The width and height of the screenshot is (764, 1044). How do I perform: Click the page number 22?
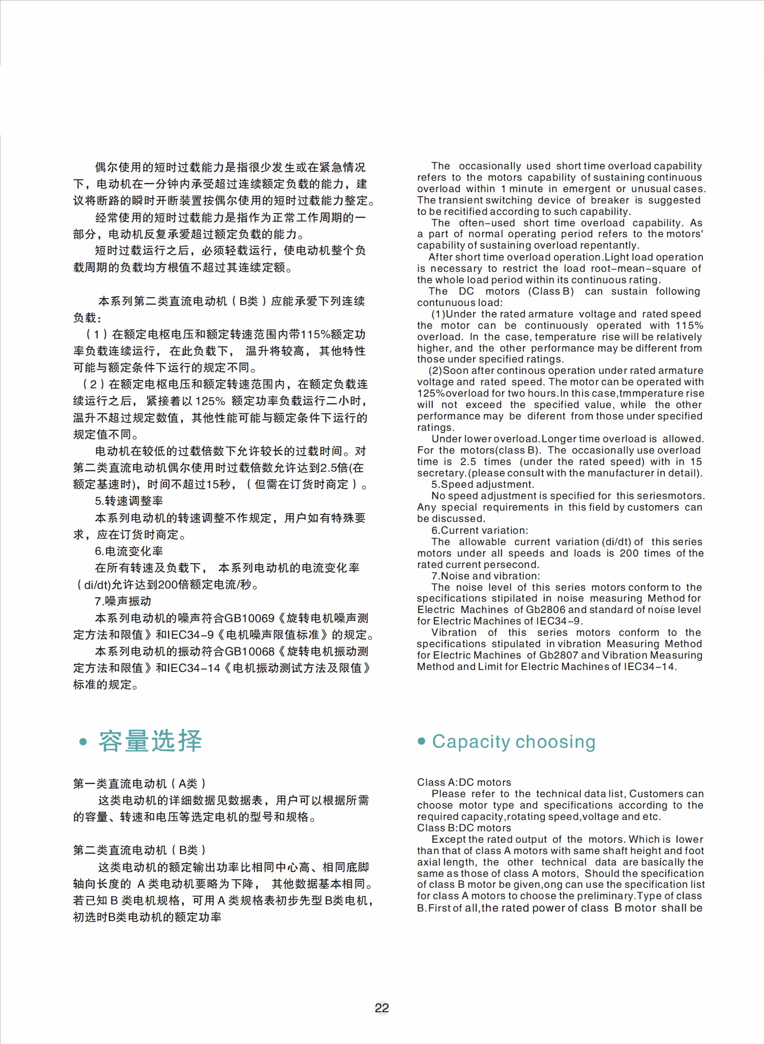point(382,1008)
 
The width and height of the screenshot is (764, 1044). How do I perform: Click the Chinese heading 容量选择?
point(150,741)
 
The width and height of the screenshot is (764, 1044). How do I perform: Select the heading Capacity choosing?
point(513,742)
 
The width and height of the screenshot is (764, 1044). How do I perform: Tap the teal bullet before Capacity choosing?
point(421,741)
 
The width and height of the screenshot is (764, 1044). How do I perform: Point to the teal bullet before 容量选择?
point(84,742)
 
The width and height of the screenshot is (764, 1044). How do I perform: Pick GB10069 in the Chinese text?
point(249,618)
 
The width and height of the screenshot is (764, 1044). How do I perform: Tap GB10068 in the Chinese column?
point(249,652)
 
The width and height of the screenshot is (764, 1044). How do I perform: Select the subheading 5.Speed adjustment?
point(483,485)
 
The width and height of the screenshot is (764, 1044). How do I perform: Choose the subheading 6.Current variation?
point(479,530)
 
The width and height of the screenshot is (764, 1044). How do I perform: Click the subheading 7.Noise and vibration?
point(485,576)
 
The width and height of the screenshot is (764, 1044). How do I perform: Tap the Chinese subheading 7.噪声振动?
point(123,601)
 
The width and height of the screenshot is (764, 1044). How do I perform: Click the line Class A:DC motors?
point(464,783)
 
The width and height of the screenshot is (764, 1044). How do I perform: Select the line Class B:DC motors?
point(464,828)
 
